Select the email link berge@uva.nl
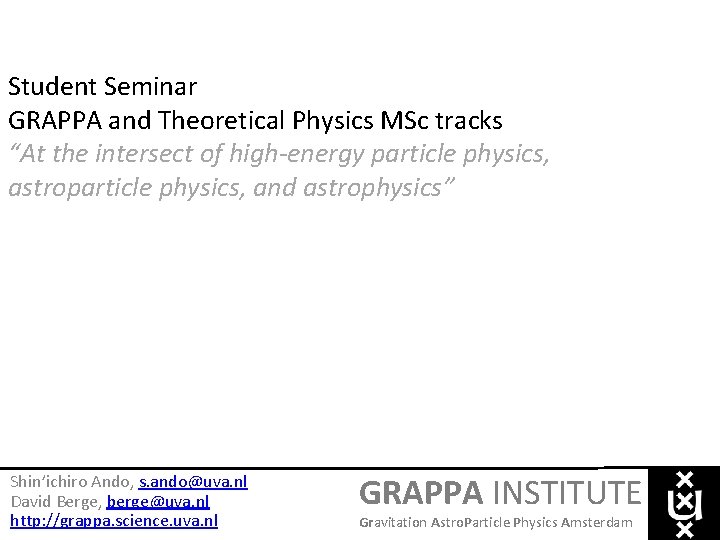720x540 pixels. tap(158, 501)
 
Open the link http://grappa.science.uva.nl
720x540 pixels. tap(113, 520)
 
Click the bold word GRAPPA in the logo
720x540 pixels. tap(420, 493)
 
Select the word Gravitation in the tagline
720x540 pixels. tap(392, 523)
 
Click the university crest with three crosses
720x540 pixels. tap(685, 503)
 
